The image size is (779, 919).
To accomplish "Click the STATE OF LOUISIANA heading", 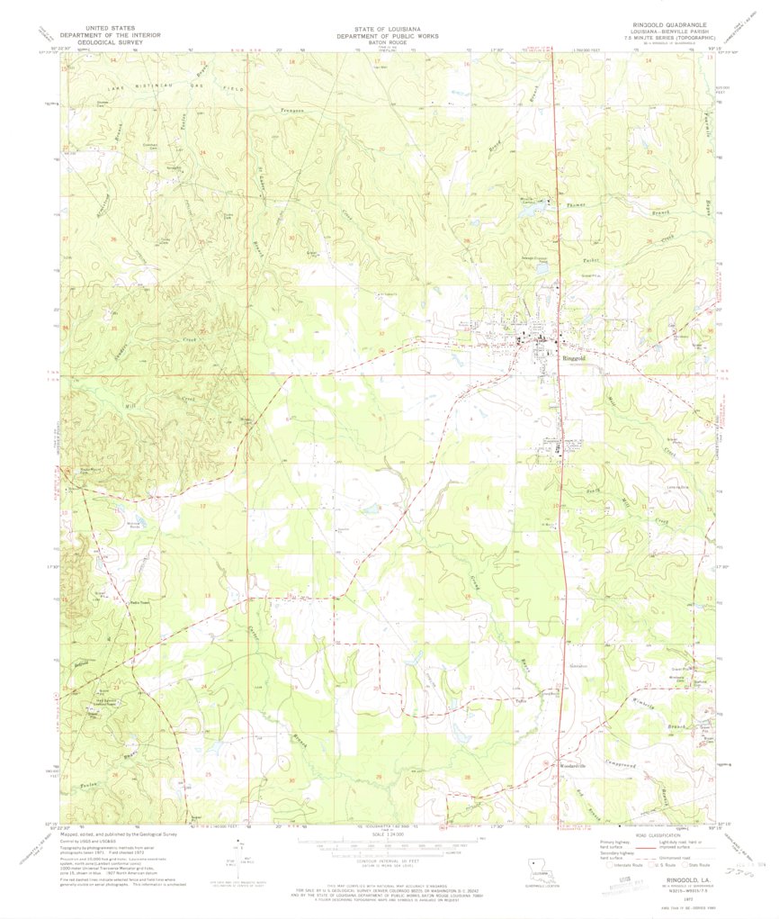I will coord(389,27).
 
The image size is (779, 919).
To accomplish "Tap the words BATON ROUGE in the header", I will coord(389,42).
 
